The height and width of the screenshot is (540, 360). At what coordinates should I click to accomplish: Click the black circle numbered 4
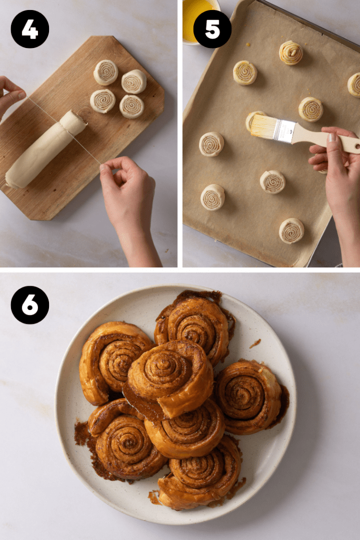30,29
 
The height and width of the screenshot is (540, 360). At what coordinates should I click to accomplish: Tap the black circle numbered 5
212,29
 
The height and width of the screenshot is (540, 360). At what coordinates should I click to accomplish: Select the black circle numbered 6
30,305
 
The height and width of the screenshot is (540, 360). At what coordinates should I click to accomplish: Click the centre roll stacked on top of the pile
170,375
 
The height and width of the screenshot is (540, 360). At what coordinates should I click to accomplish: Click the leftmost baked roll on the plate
112,362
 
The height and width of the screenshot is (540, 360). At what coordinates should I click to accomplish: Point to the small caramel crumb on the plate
255,343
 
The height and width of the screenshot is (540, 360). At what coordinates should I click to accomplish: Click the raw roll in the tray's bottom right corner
291,230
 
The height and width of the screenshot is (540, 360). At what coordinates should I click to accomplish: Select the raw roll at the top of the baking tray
291,52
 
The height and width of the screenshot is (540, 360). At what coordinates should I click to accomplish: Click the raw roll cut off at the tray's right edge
354,85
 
